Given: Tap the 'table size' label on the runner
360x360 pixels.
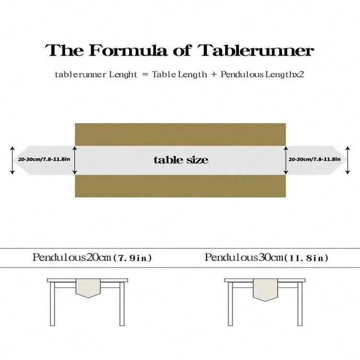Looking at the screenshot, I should click(x=181, y=160).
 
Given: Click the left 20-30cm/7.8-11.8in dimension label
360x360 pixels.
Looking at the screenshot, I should click(x=45, y=159).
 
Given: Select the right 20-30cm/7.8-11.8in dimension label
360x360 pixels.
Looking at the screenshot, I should click(x=314, y=159).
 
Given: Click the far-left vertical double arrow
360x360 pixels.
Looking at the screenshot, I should click(x=13, y=160).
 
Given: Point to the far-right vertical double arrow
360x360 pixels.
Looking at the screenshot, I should click(x=348, y=160).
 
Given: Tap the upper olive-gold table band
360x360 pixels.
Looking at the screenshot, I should click(x=180, y=133).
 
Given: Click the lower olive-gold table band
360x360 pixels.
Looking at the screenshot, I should click(x=180, y=186).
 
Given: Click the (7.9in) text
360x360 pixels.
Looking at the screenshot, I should click(x=133, y=258).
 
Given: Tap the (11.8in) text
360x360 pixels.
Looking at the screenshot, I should click(x=307, y=258).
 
